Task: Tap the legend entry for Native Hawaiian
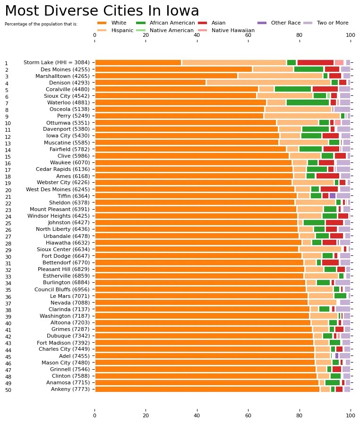(233, 30)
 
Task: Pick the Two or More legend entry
(332, 23)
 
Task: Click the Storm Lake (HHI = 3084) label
(56, 62)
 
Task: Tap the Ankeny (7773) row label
(70, 389)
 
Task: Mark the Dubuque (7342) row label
(68, 336)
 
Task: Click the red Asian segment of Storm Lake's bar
(315, 62)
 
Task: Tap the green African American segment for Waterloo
(308, 102)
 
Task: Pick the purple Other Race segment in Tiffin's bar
(332, 195)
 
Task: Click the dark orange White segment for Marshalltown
(166, 76)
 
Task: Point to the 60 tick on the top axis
(248, 34)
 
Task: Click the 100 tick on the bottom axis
(350, 416)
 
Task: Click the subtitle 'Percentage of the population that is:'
(41, 24)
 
